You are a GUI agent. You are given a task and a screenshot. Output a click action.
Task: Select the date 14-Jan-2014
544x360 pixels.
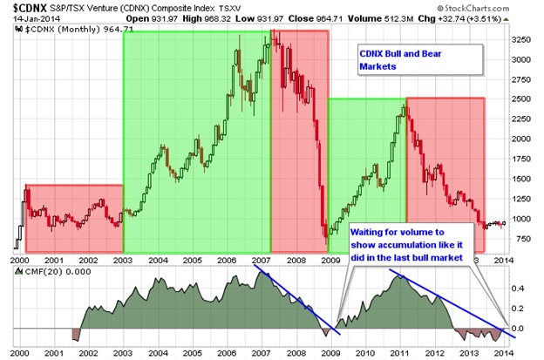point(25,19)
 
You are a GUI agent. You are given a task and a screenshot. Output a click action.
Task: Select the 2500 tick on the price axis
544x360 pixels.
point(521,99)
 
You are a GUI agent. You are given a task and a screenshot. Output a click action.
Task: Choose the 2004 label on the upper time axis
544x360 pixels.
point(159,259)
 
